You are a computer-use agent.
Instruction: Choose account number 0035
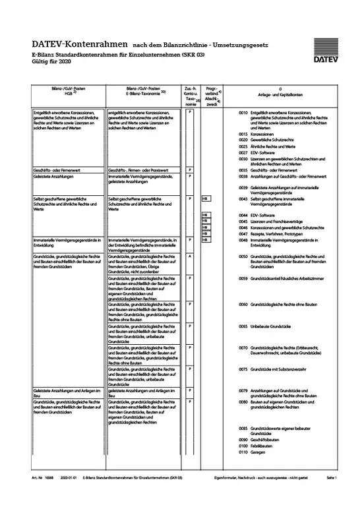point(243,170)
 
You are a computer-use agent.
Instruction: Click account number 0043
point(243,197)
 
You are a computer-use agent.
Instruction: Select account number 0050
point(243,256)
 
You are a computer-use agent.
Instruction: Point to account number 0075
point(243,369)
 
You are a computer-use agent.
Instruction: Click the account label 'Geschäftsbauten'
point(269,439)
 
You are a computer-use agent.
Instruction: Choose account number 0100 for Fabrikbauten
point(243,446)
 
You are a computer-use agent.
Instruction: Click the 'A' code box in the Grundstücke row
point(190,256)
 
